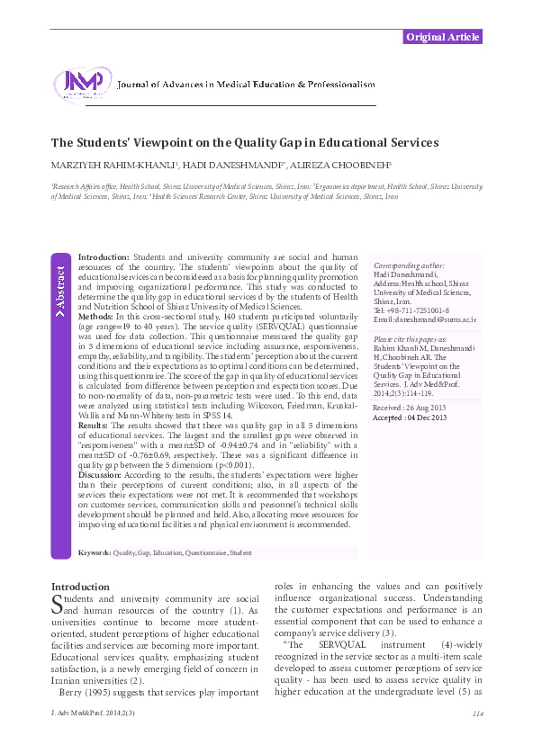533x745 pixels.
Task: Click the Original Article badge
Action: click(442, 37)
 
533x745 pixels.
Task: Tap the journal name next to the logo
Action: click(246, 85)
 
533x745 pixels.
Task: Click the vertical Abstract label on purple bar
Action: click(60, 289)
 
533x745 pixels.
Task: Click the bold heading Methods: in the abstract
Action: click(95, 318)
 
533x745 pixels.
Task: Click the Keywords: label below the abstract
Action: click(95, 552)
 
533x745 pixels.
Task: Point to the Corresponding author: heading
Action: click(409, 266)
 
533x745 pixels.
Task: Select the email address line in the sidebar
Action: click(424, 319)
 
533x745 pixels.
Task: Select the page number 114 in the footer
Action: click(477, 714)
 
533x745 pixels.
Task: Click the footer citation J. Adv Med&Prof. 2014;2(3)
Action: click(88, 714)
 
